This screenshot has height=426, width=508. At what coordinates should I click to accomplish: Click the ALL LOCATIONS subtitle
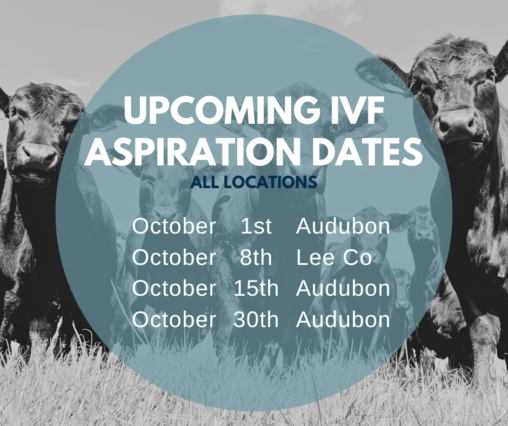[253, 182]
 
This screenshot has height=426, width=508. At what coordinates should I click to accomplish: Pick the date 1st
[256, 226]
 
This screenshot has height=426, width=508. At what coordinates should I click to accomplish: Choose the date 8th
[256, 257]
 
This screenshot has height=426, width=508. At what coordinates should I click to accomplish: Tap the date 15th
[256, 288]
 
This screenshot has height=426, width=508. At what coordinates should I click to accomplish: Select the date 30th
[256, 319]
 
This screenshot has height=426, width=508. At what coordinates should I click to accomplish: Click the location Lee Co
[334, 257]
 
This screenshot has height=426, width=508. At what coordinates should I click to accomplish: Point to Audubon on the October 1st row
[343, 226]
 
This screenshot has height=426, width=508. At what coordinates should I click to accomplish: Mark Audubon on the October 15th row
[343, 288]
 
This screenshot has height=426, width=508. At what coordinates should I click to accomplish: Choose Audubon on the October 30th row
[343, 319]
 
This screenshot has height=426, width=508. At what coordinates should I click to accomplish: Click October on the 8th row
[174, 257]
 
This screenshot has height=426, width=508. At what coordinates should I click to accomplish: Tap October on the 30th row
[174, 319]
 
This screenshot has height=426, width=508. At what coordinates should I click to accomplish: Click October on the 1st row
[174, 226]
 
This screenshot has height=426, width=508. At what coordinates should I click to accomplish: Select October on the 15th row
[174, 288]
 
